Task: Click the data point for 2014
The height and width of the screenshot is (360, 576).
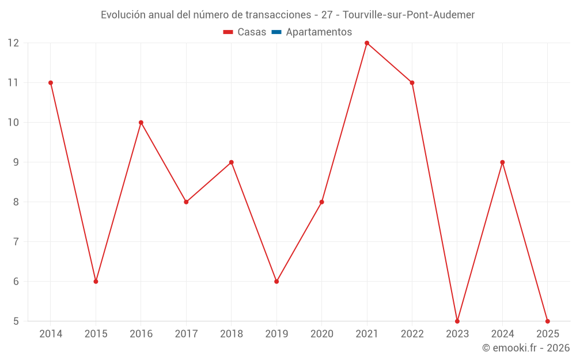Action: [x=51, y=83]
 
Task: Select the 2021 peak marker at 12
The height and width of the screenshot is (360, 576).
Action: [x=367, y=43]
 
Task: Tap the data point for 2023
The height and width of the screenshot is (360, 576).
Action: [x=457, y=321]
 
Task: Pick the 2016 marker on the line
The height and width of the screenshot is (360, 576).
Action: [x=141, y=123]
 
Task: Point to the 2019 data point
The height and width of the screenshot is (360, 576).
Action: [x=276, y=282]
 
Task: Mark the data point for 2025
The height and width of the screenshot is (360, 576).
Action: [x=547, y=321]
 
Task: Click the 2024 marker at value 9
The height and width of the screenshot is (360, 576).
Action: [x=502, y=162]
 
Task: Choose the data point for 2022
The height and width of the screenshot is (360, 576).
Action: [x=412, y=83]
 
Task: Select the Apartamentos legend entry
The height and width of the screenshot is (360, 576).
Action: [x=319, y=32]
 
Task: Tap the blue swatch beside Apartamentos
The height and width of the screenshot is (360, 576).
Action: [x=276, y=32]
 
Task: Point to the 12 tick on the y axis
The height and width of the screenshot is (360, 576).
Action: [x=13, y=43]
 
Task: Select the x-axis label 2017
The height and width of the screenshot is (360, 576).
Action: [x=186, y=334]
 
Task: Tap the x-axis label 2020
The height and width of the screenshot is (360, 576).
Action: [x=321, y=334]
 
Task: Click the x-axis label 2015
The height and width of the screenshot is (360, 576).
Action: [x=96, y=334]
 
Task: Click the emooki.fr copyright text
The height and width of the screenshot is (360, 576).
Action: [x=526, y=348]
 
